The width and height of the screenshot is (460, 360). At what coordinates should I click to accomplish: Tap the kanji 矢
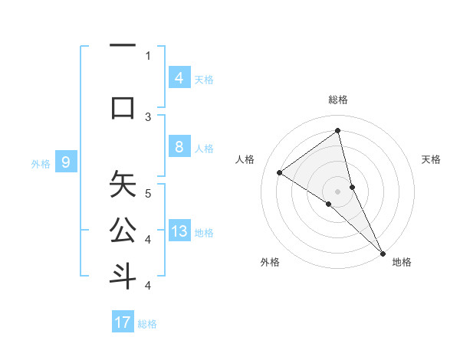click(x=123, y=184)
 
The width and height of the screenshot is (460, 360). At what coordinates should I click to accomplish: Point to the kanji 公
click(x=123, y=231)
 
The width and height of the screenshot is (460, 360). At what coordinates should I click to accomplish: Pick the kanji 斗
click(x=123, y=276)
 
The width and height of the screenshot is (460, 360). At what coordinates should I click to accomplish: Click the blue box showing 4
click(x=179, y=77)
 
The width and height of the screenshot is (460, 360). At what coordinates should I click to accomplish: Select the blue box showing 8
click(x=179, y=147)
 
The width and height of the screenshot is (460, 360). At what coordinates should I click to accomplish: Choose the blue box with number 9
click(x=67, y=162)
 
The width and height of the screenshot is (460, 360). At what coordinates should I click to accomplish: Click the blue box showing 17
click(x=123, y=322)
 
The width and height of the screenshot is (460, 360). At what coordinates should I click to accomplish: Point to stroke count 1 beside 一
click(x=148, y=55)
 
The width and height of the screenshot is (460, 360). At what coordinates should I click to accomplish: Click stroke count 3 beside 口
click(x=148, y=116)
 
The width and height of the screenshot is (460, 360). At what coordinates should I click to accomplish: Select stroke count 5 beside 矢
click(x=148, y=192)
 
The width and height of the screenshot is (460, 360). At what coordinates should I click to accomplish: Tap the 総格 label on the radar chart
click(x=338, y=100)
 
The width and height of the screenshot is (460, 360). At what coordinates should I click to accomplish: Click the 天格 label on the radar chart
click(x=431, y=159)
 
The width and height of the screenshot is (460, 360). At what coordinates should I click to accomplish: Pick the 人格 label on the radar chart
click(x=245, y=159)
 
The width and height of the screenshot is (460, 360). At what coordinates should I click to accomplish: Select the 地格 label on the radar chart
click(x=402, y=262)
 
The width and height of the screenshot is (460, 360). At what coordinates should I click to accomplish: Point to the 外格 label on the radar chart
click(x=270, y=262)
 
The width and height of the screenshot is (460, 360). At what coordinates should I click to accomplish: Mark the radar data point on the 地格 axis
click(x=383, y=252)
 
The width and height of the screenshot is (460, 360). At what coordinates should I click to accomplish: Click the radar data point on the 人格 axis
click(x=280, y=173)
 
